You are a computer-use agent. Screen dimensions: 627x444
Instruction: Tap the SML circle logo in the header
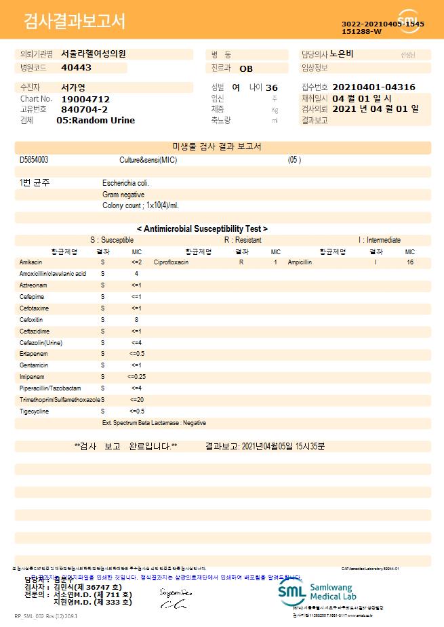click(x=409, y=20)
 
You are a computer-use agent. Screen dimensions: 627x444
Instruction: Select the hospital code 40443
click(x=76, y=68)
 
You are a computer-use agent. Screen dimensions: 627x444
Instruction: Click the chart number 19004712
click(x=85, y=99)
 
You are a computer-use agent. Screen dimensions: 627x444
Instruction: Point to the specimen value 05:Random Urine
click(x=96, y=120)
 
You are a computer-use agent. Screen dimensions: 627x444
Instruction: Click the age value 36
click(x=272, y=88)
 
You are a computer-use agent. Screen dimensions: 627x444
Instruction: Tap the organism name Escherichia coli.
click(x=126, y=183)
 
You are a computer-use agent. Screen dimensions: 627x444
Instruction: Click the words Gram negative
click(x=123, y=195)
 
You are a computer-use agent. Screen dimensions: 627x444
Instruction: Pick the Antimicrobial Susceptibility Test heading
click(x=202, y=229)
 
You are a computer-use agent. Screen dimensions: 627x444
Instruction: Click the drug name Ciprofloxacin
click(x=171, y=262)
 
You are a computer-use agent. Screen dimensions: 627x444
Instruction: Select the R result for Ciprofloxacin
click(x=241, y=262)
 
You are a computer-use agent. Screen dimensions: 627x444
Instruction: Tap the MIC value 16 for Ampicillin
click(x=410, y=262)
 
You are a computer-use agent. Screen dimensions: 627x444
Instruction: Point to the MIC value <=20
click(x=136, y=399)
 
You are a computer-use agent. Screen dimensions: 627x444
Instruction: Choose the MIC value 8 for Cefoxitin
click(x=136, y=319)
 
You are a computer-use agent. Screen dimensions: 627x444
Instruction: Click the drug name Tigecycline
click(x=34, y=411)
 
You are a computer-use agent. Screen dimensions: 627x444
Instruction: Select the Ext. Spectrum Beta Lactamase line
click(x=154, y=422)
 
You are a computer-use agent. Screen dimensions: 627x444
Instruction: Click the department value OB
click(x=246, y=68)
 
